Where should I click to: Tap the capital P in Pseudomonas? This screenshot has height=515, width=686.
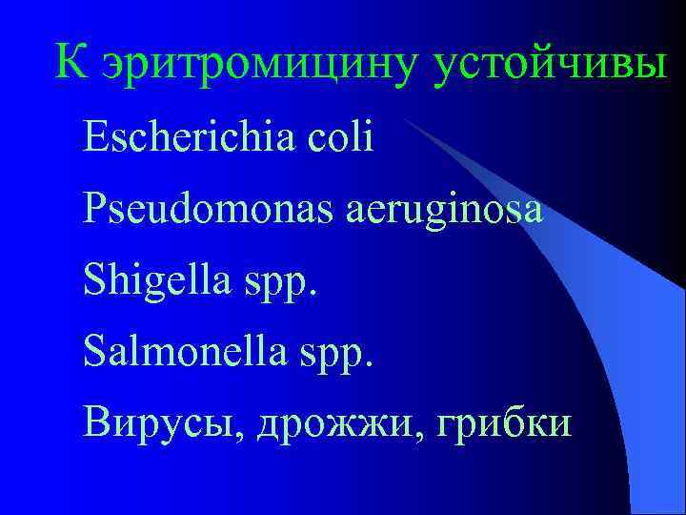[x=94, y=209]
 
